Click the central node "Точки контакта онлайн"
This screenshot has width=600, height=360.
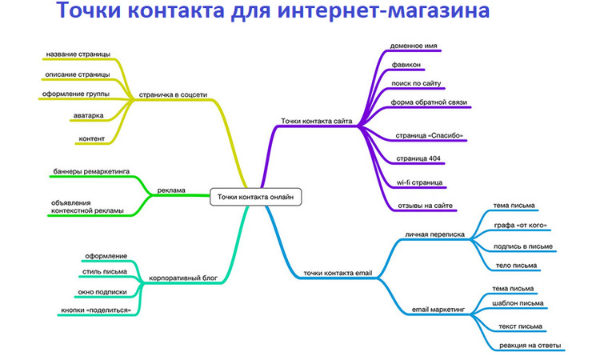(256, 197)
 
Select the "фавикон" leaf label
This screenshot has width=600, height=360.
(406, 65)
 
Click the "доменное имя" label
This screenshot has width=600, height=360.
(414, 46)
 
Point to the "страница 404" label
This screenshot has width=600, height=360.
(418, 158)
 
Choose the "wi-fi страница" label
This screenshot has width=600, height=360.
(419, 182)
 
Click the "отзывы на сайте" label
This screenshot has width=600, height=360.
(425, 206)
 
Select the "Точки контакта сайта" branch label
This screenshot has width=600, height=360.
(317, 121)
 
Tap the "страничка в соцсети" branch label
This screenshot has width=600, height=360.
(173, 94)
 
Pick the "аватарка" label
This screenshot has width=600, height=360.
(88, 115)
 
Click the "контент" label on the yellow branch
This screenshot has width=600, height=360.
(91, 138)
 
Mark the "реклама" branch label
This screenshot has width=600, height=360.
(171, 190)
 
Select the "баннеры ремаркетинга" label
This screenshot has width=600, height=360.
(91, 171)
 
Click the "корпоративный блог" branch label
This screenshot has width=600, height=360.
(183, 278)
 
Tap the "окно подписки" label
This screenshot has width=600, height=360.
(102, 292)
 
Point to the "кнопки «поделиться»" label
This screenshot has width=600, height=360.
(96, 310)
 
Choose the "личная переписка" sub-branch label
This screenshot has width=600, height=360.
(434, 234)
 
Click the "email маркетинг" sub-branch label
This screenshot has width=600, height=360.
(438, 309)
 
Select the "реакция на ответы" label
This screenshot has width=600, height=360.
(530, 346)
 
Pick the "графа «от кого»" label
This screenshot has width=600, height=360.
(521, 226)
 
